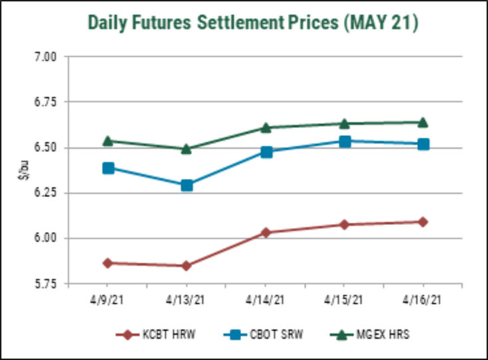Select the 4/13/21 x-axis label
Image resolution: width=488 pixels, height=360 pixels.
point(187,300)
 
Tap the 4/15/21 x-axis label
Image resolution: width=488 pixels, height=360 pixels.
point(344,300)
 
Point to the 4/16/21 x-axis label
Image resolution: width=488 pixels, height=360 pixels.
point(423,300)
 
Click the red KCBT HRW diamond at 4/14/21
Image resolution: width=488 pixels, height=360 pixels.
point(266,232)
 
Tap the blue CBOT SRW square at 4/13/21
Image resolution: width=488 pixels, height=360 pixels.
point(187,185)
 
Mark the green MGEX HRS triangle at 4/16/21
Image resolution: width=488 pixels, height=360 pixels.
point(423,122)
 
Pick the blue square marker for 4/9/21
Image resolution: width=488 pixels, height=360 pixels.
point(108,168)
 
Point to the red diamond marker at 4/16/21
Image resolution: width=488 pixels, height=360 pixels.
point(423,222)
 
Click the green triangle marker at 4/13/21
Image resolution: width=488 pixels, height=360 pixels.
point(187,148)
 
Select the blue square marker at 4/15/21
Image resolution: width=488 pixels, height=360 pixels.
point(344,141)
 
